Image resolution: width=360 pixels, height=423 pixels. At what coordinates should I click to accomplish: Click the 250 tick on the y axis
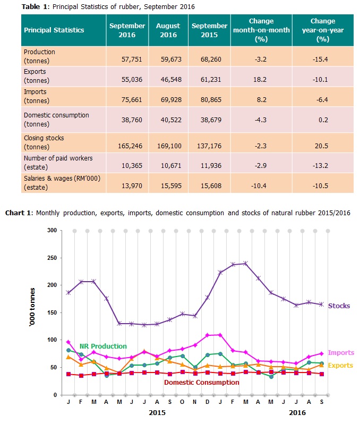pyautogui.click(x=52, y=258)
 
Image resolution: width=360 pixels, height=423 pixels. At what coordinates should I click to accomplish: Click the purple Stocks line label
pyautogui.click(x=339, y=306)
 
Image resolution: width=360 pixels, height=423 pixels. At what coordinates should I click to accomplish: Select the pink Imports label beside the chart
pyautogui.click(x=341, y=353)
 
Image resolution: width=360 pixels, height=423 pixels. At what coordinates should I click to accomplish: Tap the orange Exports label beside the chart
pyautogui.click(x=340, y=365)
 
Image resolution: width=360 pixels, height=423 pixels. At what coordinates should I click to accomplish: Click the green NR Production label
pyautogui.click(x=103, y=346)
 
